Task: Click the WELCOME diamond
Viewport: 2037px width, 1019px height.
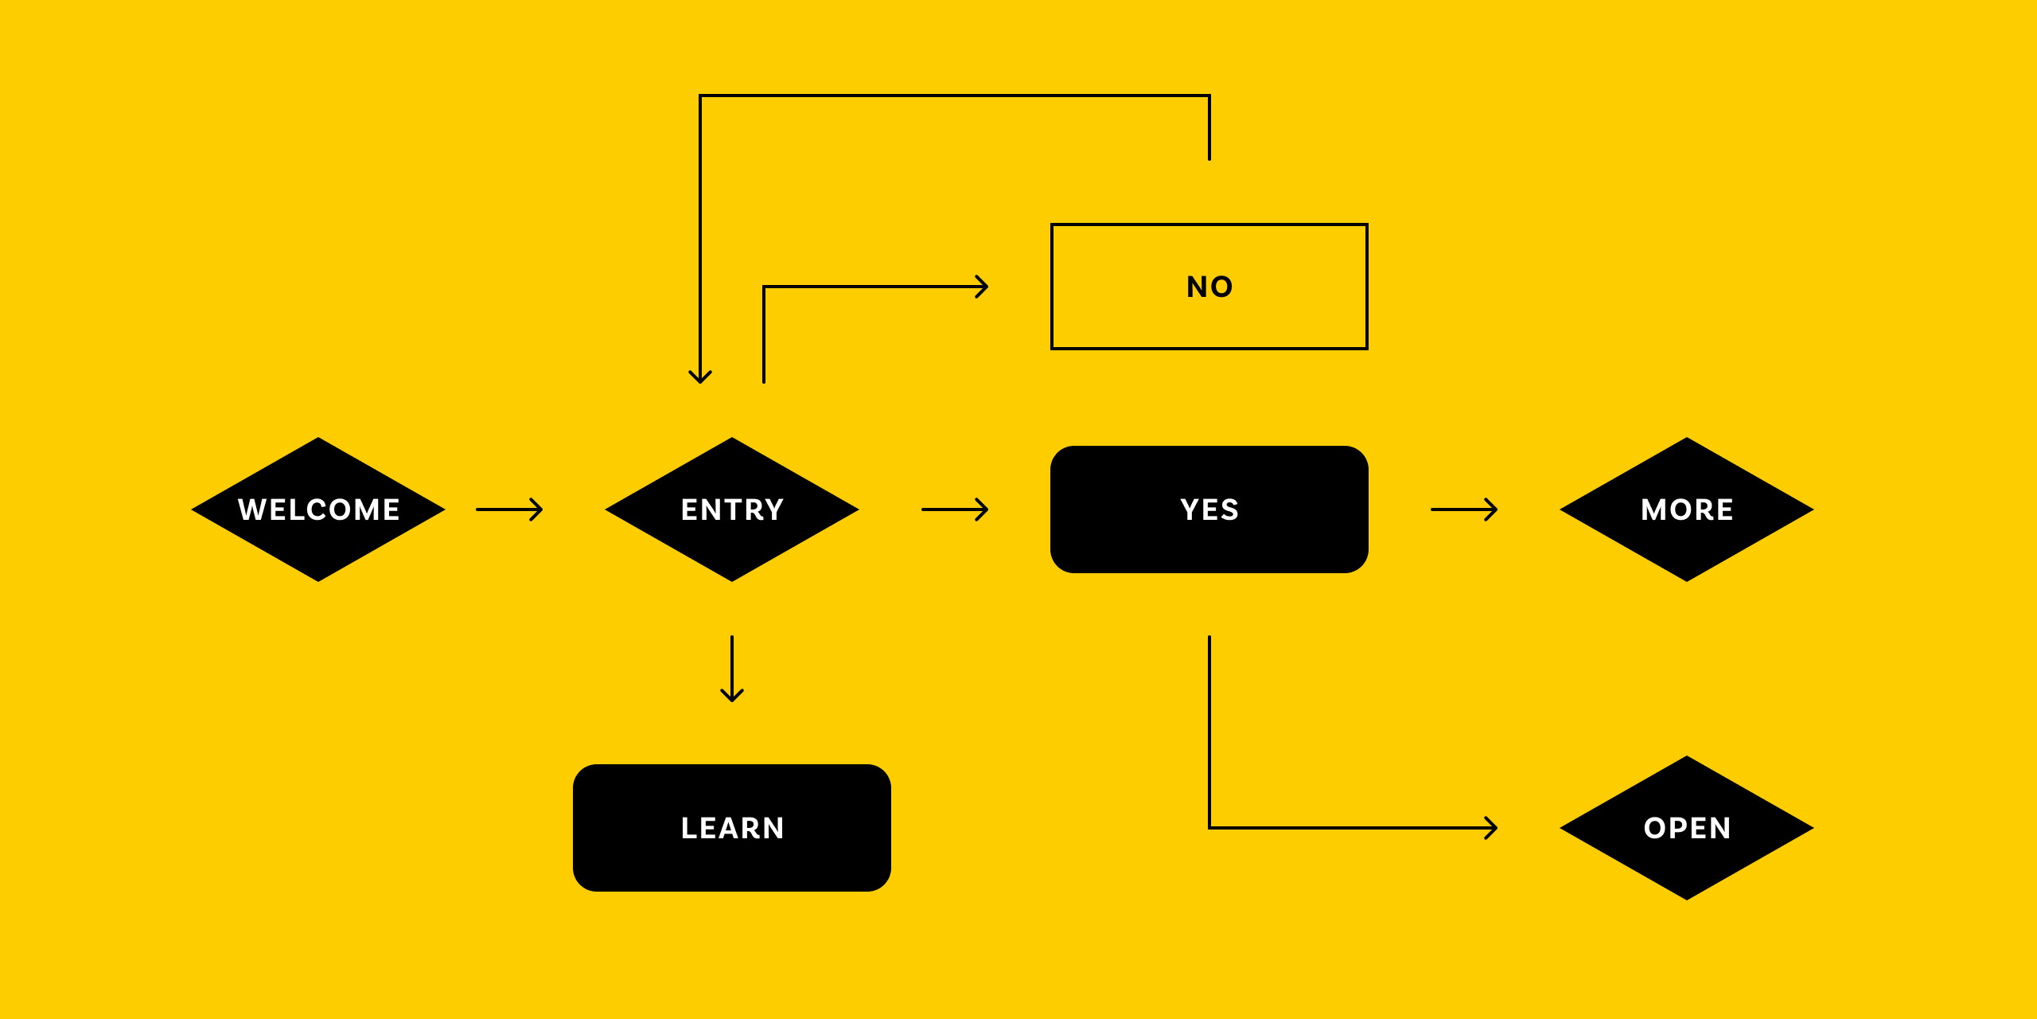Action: pyautogui.click(x=318, y=509)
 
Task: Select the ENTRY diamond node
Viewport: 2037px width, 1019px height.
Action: pyautogui.click(x=732, y=509)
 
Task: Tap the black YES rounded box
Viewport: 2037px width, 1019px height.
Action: pyautogui.click(x=1209, y=509)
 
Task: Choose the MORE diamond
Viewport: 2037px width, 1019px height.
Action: pyautogui.click(x=1687, y=509)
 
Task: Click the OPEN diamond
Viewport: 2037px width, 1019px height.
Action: pyautogui.click(x=1687, y=828)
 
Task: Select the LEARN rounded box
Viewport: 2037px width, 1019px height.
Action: pyautogui.click(x=732, y=828)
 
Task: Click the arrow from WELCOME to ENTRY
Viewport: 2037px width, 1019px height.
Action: pyautogui.click(x=509, y=509)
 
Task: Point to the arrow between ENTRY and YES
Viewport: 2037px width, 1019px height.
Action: pyautogui.click(x=955, y=509)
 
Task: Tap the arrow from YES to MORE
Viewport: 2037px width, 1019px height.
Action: pyautogui.click(x=1464, y=509)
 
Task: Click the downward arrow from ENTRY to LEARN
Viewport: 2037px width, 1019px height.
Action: pyautogui.click(x=732, y=669)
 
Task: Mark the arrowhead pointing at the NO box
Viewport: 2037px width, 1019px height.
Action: pyautogui.click(x=983, y=287)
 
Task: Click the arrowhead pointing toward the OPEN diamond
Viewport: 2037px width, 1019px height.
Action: pyautogui.click(x=1493, y=828)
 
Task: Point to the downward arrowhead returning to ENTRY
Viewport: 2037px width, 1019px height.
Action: pyautogui.click(x=700, y=377)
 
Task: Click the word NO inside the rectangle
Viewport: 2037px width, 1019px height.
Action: pyautogui.click(x=1209, y=287)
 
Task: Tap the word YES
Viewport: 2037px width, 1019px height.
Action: pyautogui.click(x=1209, y=509)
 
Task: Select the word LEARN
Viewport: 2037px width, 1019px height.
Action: pyautogui.click(x=732, y=828)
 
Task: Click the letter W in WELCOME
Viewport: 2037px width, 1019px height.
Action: pyautogui.click(x=251, y=509)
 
